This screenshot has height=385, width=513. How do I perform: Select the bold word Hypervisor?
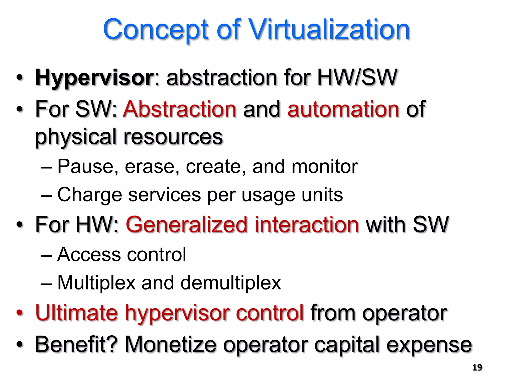[95, 78]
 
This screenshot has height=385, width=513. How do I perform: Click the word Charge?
[89, 195]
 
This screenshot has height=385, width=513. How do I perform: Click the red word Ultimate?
[76, 313]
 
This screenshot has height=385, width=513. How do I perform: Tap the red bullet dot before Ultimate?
[20, 313]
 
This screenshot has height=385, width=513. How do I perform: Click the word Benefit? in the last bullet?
[76, 344]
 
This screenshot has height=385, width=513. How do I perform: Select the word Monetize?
[170, 344]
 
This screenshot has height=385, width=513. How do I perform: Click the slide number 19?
[477, 367]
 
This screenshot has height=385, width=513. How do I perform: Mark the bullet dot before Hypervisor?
[20, 78]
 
